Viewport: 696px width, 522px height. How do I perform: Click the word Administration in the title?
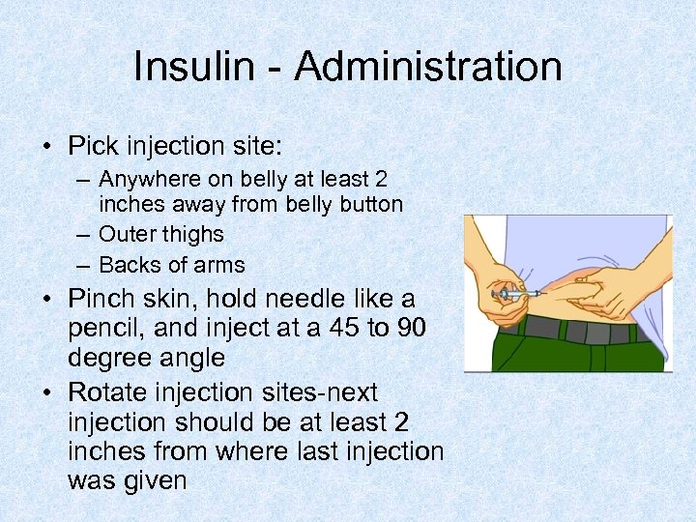tap(428, 67)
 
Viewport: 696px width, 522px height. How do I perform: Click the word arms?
tap(218, 265)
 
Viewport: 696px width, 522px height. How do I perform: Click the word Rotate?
tap(119, 392)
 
